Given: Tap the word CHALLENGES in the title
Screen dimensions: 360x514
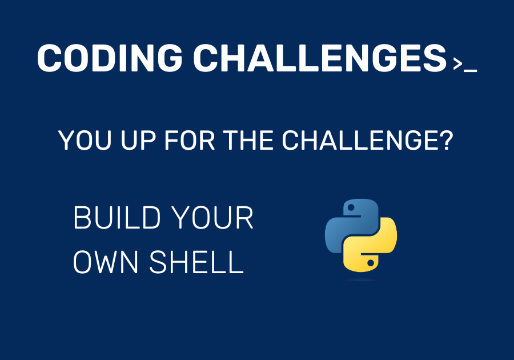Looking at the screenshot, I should (319, 58).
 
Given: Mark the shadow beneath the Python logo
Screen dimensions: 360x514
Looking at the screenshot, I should (361, 280).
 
